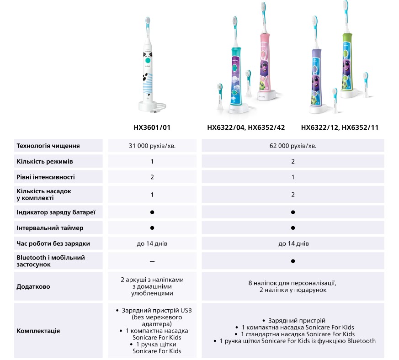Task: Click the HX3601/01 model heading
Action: [152, 128]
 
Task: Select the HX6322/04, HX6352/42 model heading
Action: [246, 128]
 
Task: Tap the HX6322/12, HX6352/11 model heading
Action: [340, 128]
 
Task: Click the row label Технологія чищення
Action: [48, 146]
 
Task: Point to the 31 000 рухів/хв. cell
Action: [152, 146]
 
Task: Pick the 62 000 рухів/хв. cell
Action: [293, 146]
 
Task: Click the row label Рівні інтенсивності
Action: [46, 177]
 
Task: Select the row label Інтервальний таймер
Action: [50, 228]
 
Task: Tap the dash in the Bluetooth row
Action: [152, 261]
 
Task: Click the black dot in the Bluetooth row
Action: [293, 261]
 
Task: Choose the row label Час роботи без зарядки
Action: [53, 244]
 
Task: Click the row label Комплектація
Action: [38, 331]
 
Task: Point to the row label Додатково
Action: [33, 286]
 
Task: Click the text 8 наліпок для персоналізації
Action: [293, 283]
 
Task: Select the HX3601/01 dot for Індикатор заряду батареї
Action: [152, 212]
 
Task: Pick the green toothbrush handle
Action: [348, 59]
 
